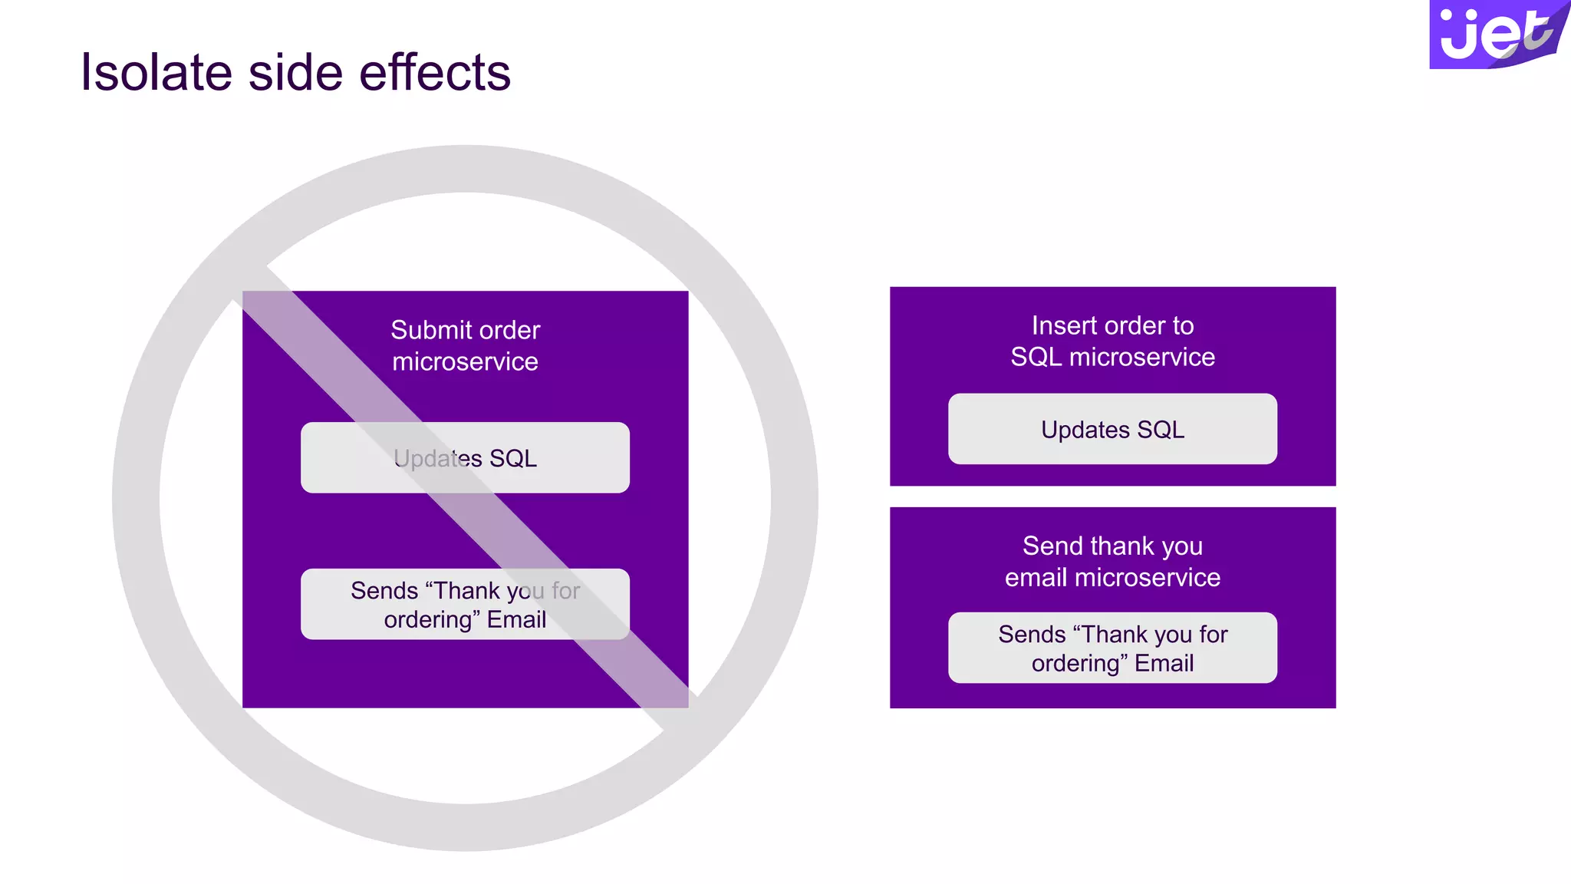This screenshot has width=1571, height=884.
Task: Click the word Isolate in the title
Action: click(156, 73)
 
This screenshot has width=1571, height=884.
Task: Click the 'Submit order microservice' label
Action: click(465, 345)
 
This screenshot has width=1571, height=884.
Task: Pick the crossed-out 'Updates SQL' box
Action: click(465, 457)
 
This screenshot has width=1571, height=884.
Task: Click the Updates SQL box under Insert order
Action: click(1112, 429)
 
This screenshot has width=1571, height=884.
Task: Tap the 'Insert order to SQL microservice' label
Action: click(1112, 341)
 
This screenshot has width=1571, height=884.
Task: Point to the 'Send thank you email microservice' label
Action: click(1112, 561)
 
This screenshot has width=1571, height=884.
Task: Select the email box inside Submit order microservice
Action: click(465, 604)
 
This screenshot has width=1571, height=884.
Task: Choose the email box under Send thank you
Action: click(1112, 648)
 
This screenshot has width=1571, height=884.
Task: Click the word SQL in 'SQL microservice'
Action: click(1036, 357)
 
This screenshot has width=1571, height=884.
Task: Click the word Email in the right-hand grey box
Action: click(1164, 663)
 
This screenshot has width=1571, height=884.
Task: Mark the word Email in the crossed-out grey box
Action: click(516, 619)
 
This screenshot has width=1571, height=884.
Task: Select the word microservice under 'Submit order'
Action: click(465, 361)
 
